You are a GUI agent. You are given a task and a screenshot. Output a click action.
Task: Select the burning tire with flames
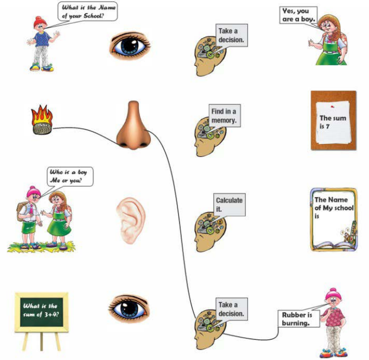coord(42,121)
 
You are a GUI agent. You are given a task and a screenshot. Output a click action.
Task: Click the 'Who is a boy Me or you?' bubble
coord(69,177)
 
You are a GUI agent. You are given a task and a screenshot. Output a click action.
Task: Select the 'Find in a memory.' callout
coord(224,116)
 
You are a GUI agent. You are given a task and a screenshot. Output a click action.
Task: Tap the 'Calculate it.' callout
coord(229,204)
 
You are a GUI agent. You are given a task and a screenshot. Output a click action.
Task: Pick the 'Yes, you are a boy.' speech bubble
coord(298,16)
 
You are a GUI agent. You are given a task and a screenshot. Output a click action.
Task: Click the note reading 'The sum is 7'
coord(333,121)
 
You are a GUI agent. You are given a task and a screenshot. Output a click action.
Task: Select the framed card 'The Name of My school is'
coord(334,219)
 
